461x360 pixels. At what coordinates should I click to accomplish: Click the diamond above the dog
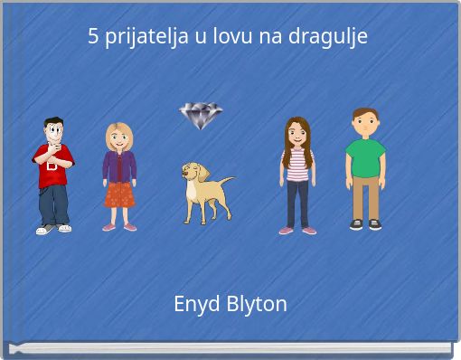pos(200,116)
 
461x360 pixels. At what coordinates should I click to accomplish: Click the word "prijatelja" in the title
pos(147,37)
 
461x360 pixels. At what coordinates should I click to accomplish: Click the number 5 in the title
pos(93,37)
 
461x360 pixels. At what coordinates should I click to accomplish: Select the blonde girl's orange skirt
pos(118,194)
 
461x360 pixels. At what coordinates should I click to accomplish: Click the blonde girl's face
pos(118,138)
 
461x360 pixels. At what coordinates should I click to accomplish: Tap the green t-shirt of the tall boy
pos(365,157)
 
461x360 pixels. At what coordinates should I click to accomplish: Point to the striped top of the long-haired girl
pos(297,165)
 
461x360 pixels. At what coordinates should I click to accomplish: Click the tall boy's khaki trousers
pos(365,197)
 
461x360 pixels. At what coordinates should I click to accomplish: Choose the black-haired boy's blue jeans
pos(53,204)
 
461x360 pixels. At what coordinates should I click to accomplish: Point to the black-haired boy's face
pos(54,133)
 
